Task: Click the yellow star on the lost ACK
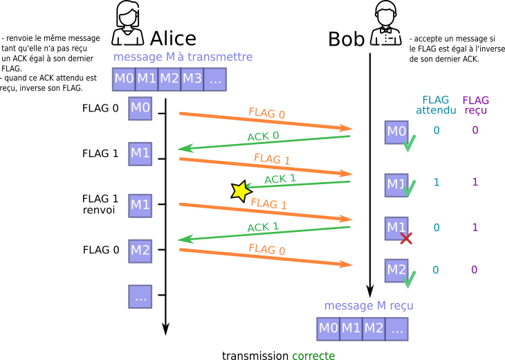pyautogui.click(x=241, y=190)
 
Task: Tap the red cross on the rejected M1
pyautogui.click(x=406, y=238)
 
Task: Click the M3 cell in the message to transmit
pyautogui.click(x=192, y=79)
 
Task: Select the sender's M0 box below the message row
pyautogui.click(x=140, y=108)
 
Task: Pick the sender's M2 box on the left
pyautogui.click(x=140, y=251)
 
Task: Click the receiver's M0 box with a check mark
pyautogui.click(x=396, y=132)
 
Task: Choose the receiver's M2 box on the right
pyautogui.click(x=396, y=270)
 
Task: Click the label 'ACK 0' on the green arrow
pyautogui.click(x=263, y=136)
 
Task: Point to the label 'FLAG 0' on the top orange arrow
pyautogui.click(x=266, y=114)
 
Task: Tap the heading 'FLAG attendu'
pyautogui.click(x=436, y=105)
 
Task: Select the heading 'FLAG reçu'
pyautogui.click(x=475, y=105)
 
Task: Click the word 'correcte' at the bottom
pyautogui.click(x=313, y=355)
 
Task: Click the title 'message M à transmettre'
pyautogui.click(x=183, y=57)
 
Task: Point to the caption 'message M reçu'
pyautogui.click(x=369, y=305)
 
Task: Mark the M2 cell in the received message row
pyautogui.click(x=374, y=328)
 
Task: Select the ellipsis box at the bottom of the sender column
pyautogui.click(x=140, y=296)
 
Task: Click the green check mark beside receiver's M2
pyautogui.click(x=410, y=280)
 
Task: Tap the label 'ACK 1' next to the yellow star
pyautogui.click(x=280, y=179)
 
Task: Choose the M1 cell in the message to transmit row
pyautogui.click(x=147, y=79)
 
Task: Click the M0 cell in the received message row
pyautogui.click(x=328, y=328)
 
